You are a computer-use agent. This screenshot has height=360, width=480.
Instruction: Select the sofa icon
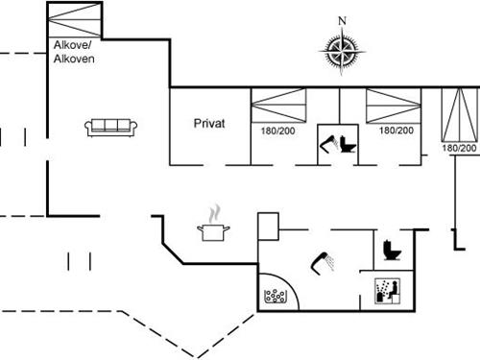(108, 125)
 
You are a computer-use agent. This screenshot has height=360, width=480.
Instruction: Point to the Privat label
(209, 123)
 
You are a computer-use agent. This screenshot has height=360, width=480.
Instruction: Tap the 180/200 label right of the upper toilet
(396, 130)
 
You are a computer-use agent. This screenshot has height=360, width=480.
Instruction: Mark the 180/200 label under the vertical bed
(460, 149)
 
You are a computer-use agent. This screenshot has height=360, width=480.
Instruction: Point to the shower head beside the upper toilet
(328, 144)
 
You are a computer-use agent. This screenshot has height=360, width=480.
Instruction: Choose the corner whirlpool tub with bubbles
(276, 292)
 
